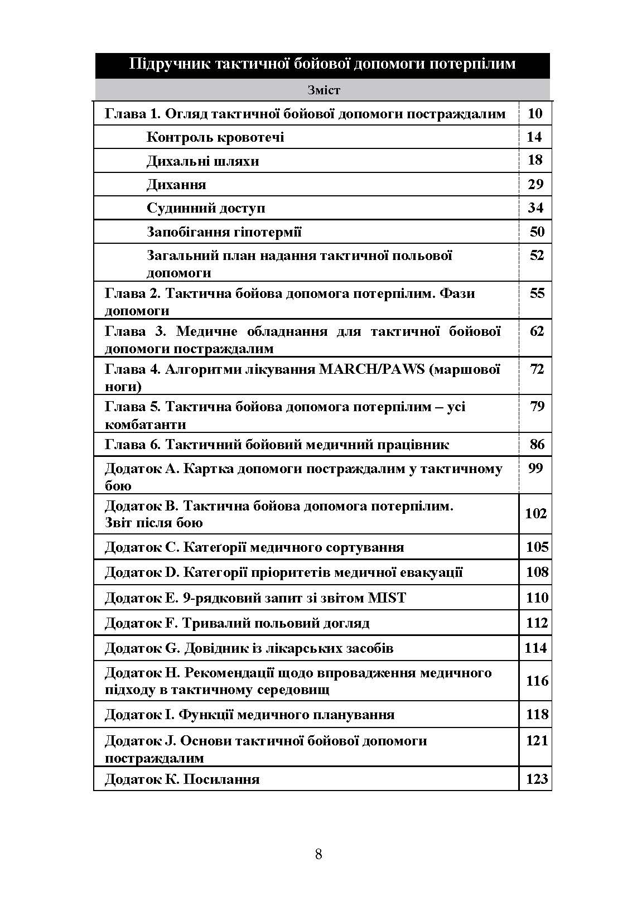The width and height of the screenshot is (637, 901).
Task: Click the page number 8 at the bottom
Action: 318,854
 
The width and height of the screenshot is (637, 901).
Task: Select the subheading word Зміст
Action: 323,90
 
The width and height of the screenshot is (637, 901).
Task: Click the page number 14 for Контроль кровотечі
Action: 534,137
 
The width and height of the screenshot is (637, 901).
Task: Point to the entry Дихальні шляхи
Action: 203,161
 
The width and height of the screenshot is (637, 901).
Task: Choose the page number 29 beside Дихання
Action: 535,184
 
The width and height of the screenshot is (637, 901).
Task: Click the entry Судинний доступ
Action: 206,208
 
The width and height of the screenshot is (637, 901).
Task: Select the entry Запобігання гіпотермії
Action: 224,232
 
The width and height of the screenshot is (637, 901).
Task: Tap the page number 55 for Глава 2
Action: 537,293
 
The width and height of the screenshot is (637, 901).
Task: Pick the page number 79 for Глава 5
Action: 537,406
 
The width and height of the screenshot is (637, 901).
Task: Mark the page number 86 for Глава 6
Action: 537,445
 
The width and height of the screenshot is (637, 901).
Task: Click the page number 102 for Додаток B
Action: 536,513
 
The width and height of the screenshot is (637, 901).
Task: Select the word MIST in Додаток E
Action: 387,598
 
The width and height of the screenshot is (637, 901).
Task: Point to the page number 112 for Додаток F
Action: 537,623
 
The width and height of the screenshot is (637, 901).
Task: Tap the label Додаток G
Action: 141,648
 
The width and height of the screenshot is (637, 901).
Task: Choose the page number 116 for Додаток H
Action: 537,681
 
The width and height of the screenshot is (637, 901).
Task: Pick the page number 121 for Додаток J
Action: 537,741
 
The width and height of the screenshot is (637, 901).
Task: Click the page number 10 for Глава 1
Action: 534,114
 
